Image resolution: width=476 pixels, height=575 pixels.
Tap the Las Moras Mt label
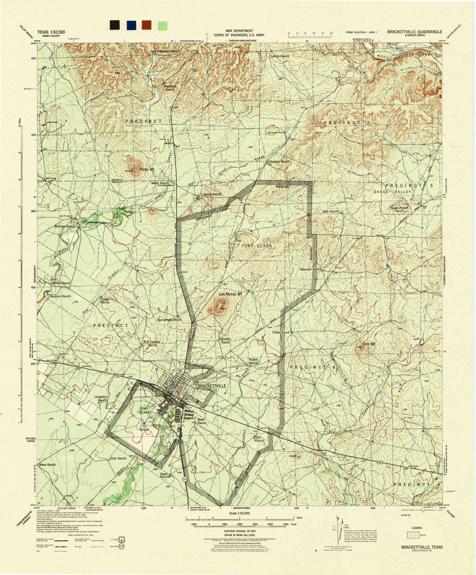pyautogui.click(x=231, y=294)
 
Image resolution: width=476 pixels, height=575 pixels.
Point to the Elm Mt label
pyautogui.click(x=369, y=344)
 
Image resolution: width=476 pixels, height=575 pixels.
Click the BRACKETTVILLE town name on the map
pyautogui.click(x=212, y=385)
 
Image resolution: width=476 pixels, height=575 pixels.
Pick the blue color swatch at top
pyautogui.click(x=131, y=25)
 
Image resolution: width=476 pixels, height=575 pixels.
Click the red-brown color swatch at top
pyautogui.click(x=147, y=25)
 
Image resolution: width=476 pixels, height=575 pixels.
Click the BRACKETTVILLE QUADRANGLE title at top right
pyautogui.click(x=415, y=31)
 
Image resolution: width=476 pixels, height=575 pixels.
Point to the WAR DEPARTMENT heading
pyautogui.click(x=239, y=31)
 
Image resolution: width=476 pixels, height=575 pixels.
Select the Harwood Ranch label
pyautogui.click(x=170, y=88)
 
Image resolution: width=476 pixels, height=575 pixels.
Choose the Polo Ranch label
pyautogui.click(x=118, y=458)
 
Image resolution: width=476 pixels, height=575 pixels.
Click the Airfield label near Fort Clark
pyautogui.click(x=144, y=429)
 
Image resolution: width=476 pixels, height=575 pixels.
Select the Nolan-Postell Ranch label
pyautogui.click(x=400, y=210)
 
